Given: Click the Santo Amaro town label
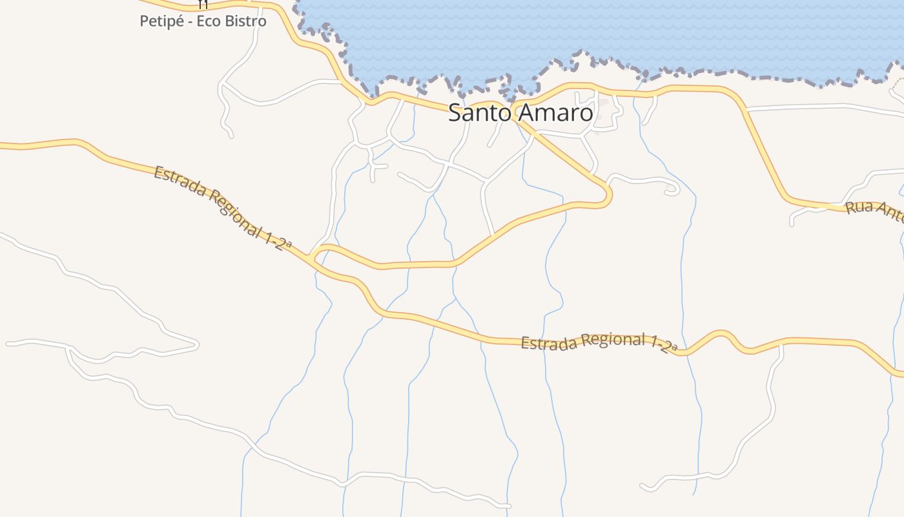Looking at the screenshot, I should tap(520, 112).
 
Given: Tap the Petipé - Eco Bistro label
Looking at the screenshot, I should tap(203, 21).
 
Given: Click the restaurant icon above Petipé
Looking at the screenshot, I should tap(203, 4).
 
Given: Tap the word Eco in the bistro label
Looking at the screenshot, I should tap(207, 21).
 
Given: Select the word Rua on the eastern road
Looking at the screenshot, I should tap(859, 208).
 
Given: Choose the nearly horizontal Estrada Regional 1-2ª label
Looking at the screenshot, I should tap(599, 343).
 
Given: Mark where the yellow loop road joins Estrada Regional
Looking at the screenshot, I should tap(314, 257).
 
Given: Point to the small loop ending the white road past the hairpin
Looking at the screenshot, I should tap(673, 191).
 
